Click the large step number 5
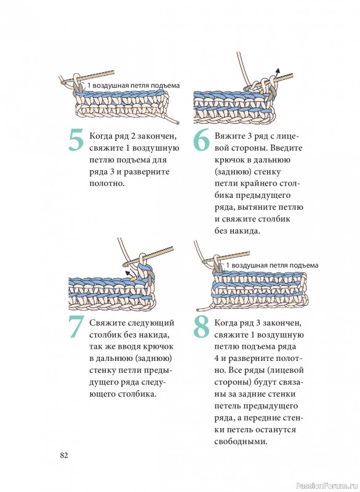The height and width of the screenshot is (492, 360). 76,140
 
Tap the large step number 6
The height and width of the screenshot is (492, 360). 201,140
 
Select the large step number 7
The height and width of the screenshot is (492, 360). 76,327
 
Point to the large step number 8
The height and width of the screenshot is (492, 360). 201,327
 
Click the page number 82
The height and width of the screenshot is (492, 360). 64,455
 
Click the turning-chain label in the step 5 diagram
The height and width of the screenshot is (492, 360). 134,85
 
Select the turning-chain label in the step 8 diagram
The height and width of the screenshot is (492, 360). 272,266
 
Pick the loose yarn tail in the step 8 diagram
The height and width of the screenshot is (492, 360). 204,307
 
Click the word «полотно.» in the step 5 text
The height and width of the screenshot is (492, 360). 107,183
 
